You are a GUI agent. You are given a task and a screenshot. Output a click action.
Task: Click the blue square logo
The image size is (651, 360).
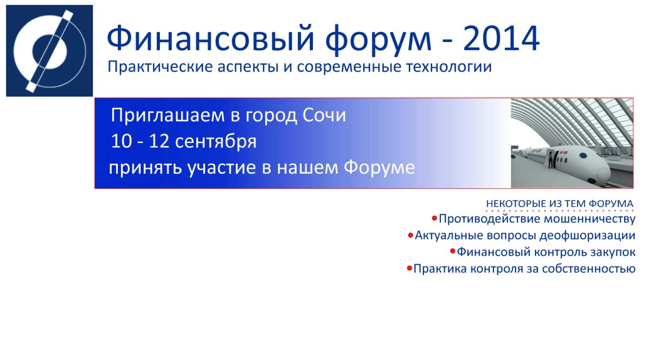[x=50, y=51]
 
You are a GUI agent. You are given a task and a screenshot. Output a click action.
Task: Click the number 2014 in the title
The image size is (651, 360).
[x=501, y=39]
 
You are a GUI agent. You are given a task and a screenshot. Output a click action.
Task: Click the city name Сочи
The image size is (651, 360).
[x=324, y=115]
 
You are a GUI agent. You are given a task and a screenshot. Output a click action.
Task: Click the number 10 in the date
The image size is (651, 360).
[x=121, y=141]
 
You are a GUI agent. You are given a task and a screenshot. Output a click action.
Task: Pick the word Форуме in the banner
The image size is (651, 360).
[x=379, y=167]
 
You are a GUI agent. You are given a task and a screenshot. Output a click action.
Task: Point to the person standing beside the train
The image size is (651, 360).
[x=551, y=160]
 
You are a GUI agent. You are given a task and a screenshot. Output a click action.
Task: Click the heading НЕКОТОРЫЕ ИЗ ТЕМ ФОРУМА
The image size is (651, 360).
[x=559, y=204]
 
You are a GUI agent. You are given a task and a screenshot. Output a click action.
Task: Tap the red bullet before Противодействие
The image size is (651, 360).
[x=434, y=218]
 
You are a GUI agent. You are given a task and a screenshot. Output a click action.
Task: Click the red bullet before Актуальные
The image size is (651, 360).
[x=410, y=235]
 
